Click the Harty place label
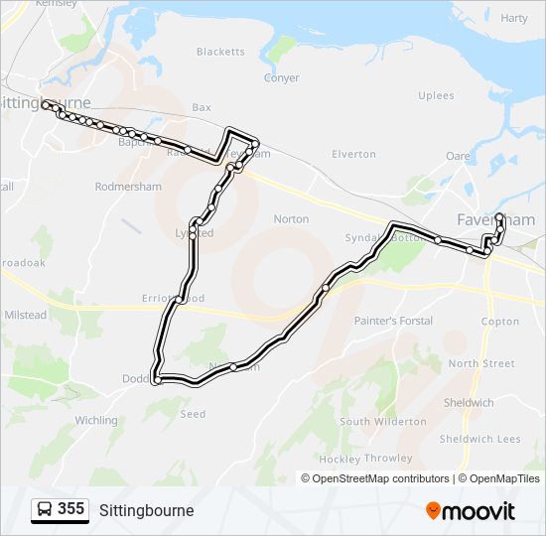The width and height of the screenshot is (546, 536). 514,18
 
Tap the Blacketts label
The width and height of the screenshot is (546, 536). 220,52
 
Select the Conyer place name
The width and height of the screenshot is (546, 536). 281,78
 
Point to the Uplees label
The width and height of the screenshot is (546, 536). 436,96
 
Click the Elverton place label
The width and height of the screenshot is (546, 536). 353,154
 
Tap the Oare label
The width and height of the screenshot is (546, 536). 458,156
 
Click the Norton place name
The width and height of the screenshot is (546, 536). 291,219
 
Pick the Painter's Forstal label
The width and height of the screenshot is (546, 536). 393,321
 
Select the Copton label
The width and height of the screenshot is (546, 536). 499,322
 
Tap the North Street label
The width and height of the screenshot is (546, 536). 481,363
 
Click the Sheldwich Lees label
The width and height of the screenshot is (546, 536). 480,439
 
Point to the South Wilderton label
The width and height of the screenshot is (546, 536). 383,422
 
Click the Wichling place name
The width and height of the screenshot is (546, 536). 96,421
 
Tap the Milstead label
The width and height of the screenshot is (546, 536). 26,315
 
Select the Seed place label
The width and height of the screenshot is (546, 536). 193,414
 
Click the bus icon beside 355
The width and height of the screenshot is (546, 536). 45,509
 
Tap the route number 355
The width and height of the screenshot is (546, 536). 71,509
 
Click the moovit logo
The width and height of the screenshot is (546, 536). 471,510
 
